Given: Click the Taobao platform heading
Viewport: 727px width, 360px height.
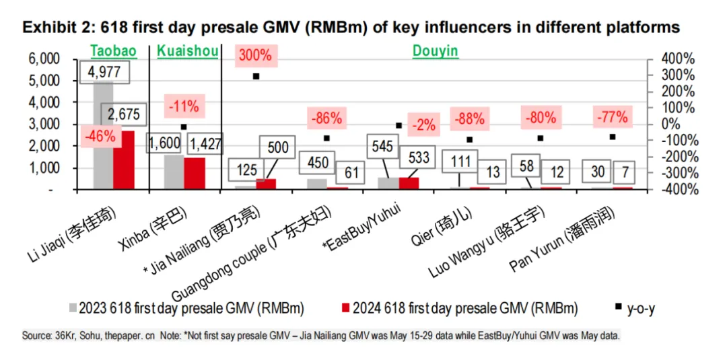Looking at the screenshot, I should tap(113, 51).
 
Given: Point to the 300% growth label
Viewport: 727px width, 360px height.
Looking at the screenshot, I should tap(254, 55).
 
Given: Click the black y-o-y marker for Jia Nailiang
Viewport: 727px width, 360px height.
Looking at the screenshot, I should tap(256, 76).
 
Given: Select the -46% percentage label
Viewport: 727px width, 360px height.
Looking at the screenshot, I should tap(100, 135).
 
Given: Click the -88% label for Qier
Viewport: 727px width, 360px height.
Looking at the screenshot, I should tap(469, 118).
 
